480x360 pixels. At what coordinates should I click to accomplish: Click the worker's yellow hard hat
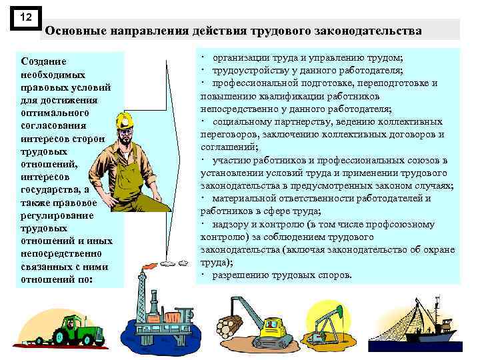pos(125,120)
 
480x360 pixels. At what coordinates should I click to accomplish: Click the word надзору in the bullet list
pos(231,224)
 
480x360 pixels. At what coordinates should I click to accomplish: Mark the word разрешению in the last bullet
pos(240,275)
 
